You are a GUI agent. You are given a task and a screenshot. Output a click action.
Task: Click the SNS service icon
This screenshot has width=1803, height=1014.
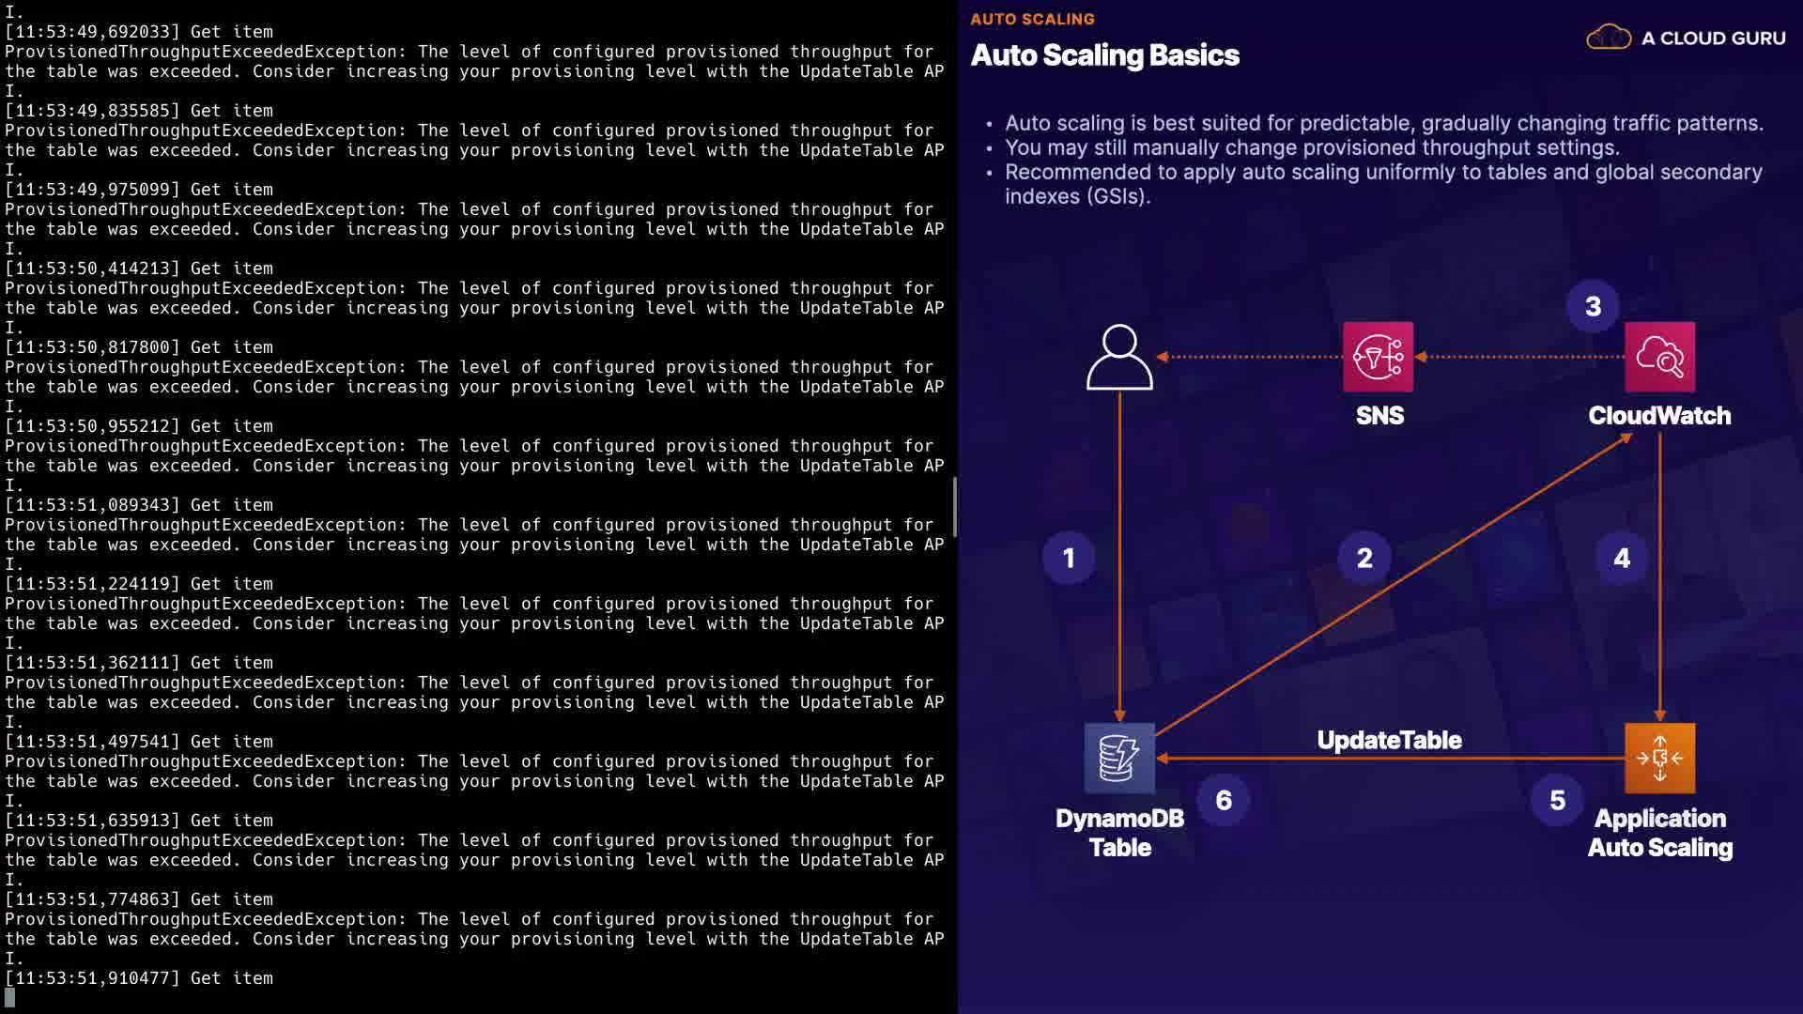(x=1378, y=357)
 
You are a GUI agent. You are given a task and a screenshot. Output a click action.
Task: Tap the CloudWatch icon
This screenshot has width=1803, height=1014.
(x=1659, y=357)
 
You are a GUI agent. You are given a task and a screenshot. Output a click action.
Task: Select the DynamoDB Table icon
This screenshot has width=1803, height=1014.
(x=1119, y=758)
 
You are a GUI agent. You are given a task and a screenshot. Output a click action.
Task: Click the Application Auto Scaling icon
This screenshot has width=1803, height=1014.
(x=1659, y=758)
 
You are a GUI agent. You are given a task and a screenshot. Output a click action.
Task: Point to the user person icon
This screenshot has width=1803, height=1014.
(x=1119, y=357)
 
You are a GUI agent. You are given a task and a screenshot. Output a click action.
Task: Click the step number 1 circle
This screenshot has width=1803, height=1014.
(x=1069, y=559)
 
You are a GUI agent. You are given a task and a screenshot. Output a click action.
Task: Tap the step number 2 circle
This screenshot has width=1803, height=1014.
(x=1364, y=559)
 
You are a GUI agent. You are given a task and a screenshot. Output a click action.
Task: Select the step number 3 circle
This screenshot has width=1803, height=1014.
(x=1593, y=306)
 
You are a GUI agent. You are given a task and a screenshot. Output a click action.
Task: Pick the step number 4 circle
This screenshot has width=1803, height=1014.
(x=1622, y=559)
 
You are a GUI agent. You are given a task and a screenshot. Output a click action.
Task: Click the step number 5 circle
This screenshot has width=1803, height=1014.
(x=1557, y=800)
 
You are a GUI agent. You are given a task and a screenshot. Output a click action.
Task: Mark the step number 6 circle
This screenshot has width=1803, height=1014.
(x=1224, y=800)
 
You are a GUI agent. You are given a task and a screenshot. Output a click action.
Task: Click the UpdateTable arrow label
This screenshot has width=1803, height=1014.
(x=1389, y=740)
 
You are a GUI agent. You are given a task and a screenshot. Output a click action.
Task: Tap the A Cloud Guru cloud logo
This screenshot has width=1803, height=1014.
(x=1609, y=38)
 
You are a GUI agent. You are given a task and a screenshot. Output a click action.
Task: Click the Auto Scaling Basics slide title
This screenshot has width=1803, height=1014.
(x=1104, y=55)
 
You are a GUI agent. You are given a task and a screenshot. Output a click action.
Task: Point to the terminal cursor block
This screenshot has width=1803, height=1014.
(x=10, y=997)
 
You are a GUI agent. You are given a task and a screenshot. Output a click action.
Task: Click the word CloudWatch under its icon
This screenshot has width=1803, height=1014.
(x=1659, y=416)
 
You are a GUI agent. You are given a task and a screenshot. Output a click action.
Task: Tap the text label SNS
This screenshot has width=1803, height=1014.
(x=1379, y=416)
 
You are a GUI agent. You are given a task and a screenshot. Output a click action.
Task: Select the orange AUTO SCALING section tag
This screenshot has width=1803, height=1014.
(x=1032, y=19)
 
